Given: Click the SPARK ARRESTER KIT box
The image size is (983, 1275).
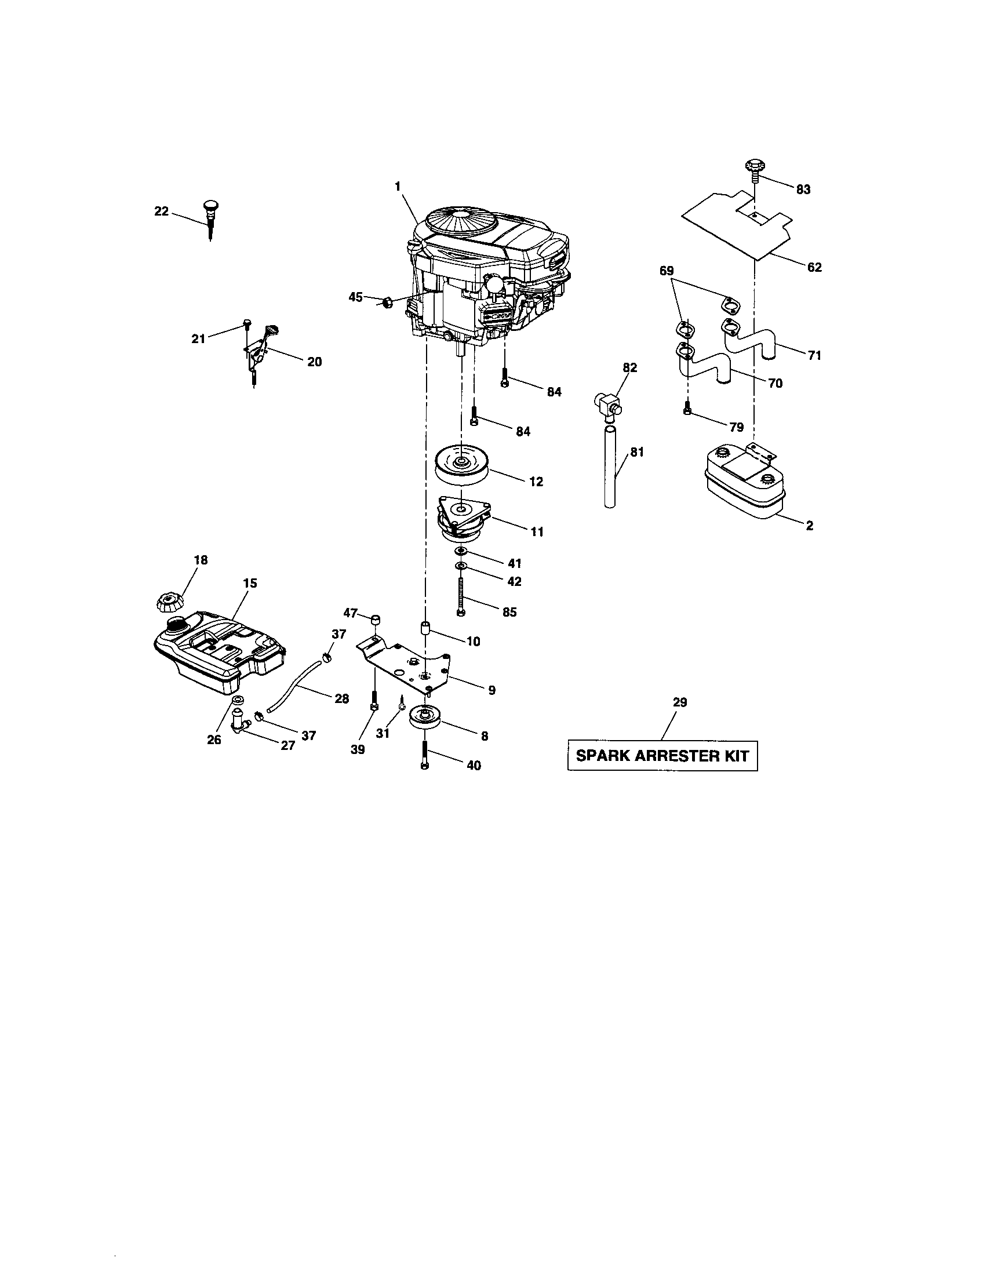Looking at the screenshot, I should coord(662,755).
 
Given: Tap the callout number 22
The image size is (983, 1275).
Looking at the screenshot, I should coord(161,212).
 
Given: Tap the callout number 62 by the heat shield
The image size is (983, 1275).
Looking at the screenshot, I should coord(814,267).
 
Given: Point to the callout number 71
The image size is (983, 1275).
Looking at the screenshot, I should coord(814,355).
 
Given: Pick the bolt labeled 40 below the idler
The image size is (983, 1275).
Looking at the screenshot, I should coord(424,756).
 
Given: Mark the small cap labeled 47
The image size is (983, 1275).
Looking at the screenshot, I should coord(377,618).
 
